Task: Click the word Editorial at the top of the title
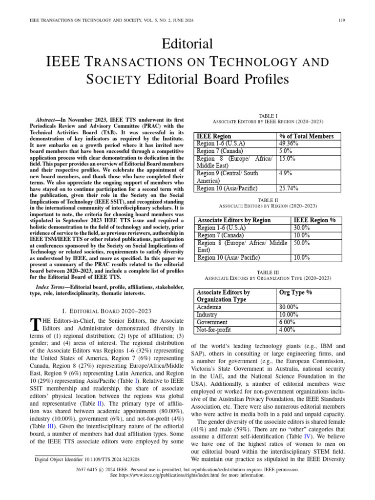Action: pos(188,44)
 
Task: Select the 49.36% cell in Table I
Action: pos(289,144)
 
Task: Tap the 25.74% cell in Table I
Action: pos(289,188)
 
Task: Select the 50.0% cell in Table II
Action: pos(301,243)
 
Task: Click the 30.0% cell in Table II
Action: pos(301,228)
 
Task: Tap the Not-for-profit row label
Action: pos(214,330)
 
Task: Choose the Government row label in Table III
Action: pos(211,322)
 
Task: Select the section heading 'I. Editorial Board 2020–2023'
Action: pos(107,311)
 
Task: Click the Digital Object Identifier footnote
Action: pos(87,459)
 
